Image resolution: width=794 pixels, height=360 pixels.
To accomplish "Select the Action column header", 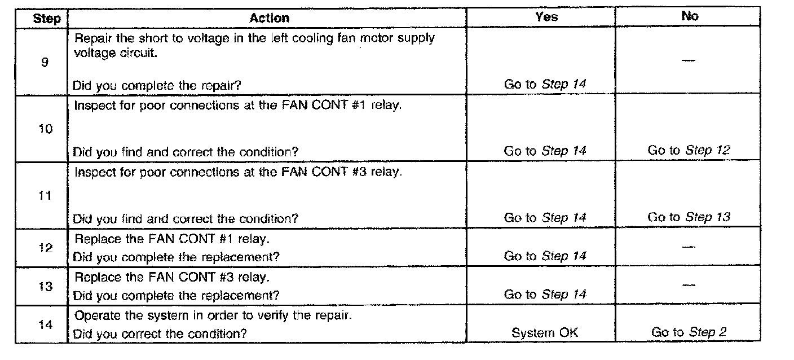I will click(269, 17).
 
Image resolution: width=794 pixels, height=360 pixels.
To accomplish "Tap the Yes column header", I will click(546, 17).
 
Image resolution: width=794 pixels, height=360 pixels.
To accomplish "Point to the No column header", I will click(690, 17).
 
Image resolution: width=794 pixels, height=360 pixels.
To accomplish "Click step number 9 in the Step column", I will click(44, 62).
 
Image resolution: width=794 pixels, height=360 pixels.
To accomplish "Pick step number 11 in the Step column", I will click(46, 196).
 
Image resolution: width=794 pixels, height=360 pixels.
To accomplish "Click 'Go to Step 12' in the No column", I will click(689, 151).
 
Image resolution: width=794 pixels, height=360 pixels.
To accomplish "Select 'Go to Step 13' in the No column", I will click(689, 217).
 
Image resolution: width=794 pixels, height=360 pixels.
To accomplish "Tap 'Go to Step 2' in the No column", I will click(689, 333).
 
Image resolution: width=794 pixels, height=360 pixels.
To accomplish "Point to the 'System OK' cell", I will click(545, 333).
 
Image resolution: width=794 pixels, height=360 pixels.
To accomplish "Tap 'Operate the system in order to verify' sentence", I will click(213, 315).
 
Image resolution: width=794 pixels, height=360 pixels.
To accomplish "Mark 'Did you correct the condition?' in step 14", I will click(160, 333).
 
